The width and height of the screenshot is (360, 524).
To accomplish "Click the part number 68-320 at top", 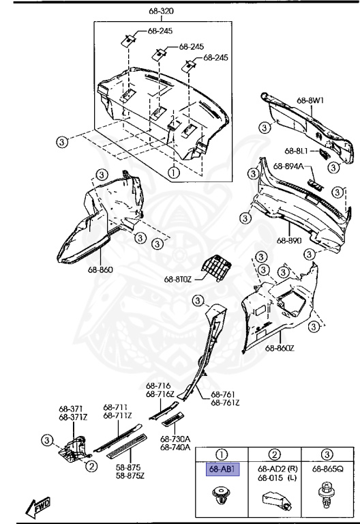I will point(161,12).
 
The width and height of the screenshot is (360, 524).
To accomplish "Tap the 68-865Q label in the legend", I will point(327,469).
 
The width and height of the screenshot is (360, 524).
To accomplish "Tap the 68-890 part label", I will point(289,240).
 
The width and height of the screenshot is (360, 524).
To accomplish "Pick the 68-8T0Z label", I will point(179,278).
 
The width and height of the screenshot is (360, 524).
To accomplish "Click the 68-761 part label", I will point(223,394).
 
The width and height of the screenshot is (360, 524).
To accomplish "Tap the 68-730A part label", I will point(175,439).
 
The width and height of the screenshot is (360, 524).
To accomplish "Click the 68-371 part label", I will point(72,408).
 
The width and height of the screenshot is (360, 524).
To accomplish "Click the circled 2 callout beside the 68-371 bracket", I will point(91,466).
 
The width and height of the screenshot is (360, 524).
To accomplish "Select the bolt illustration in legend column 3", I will point(327,495).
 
